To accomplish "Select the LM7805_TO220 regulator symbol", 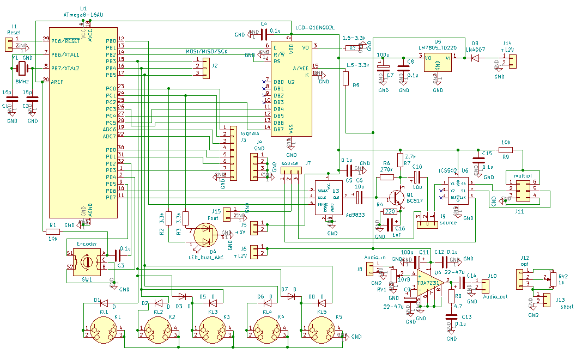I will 438,63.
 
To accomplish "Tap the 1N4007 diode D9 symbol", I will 475,58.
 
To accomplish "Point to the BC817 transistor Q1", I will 398,197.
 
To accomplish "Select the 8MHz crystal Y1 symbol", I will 22,69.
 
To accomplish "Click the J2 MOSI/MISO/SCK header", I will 205,69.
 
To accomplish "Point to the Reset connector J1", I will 10,45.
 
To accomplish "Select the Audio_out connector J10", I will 485,286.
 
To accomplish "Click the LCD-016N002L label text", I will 314,27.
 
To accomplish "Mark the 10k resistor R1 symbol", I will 53,231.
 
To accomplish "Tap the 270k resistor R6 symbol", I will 387,176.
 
